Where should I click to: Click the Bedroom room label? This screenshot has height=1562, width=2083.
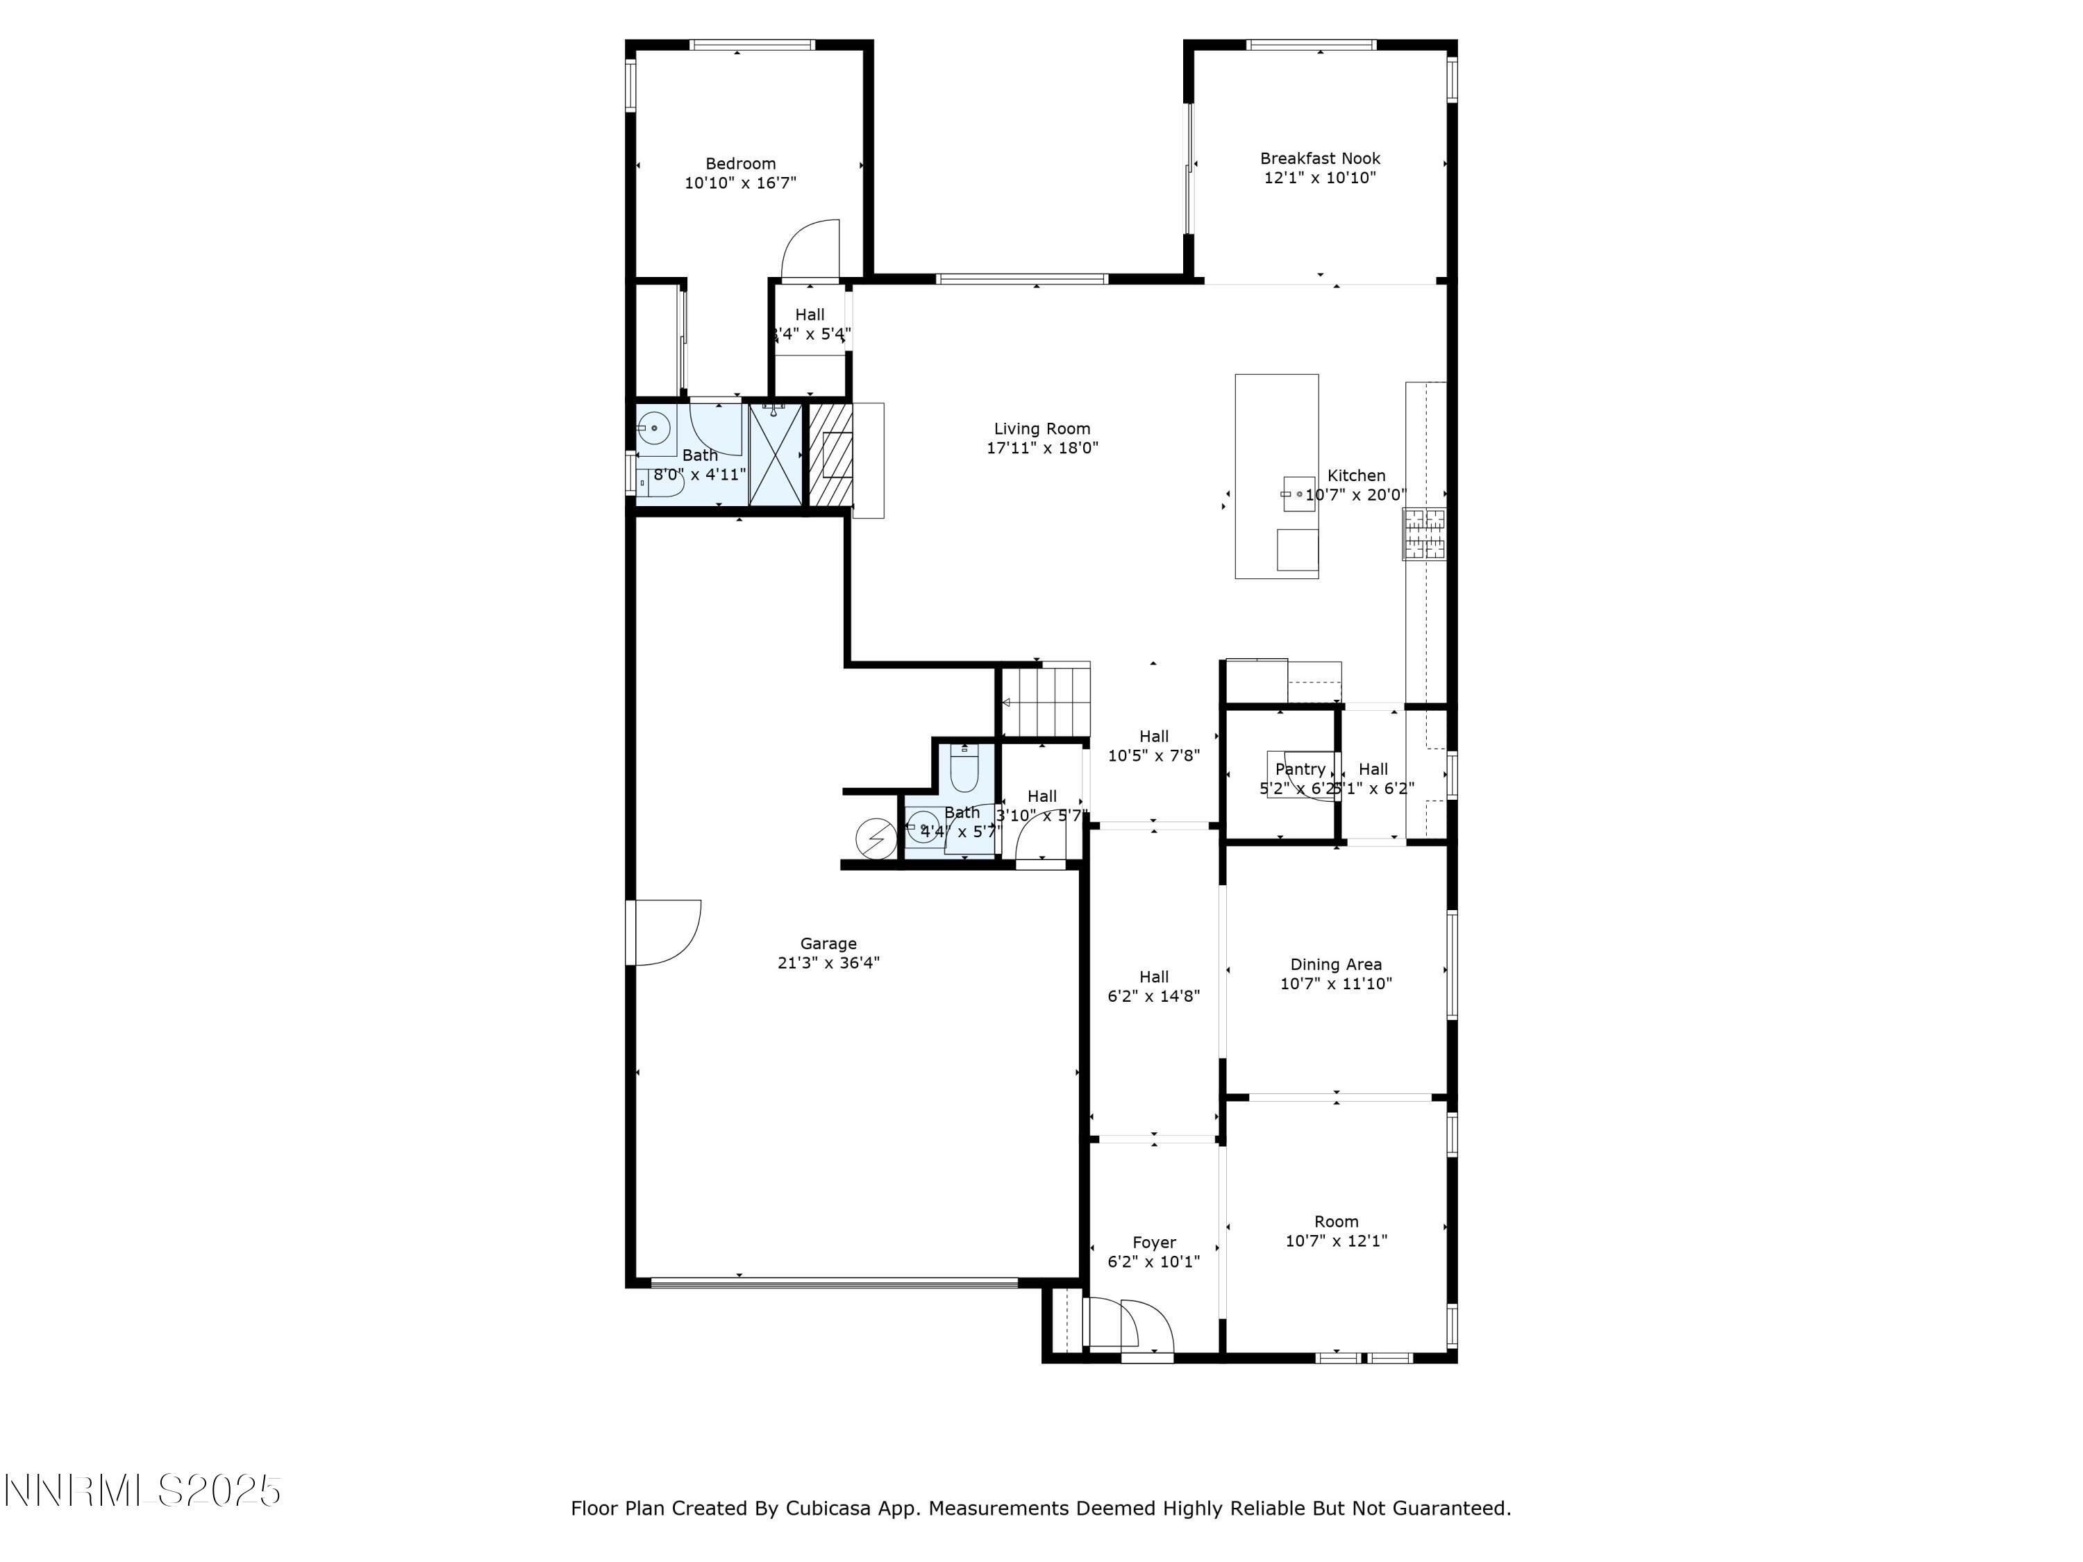740,164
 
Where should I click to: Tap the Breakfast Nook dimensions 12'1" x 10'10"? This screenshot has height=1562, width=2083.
1319,178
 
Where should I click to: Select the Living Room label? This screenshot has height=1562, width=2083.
1041,428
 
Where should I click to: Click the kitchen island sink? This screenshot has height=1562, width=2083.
1298,494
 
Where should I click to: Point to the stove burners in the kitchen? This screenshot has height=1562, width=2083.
1424,534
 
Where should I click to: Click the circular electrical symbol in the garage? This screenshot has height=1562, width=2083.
876,837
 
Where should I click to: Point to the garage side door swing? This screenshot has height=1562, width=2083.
667,932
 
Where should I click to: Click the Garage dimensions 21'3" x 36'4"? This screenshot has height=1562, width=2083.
828,962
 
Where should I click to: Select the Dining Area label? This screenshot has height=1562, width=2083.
1335,964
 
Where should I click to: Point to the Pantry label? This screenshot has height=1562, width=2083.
1300,769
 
